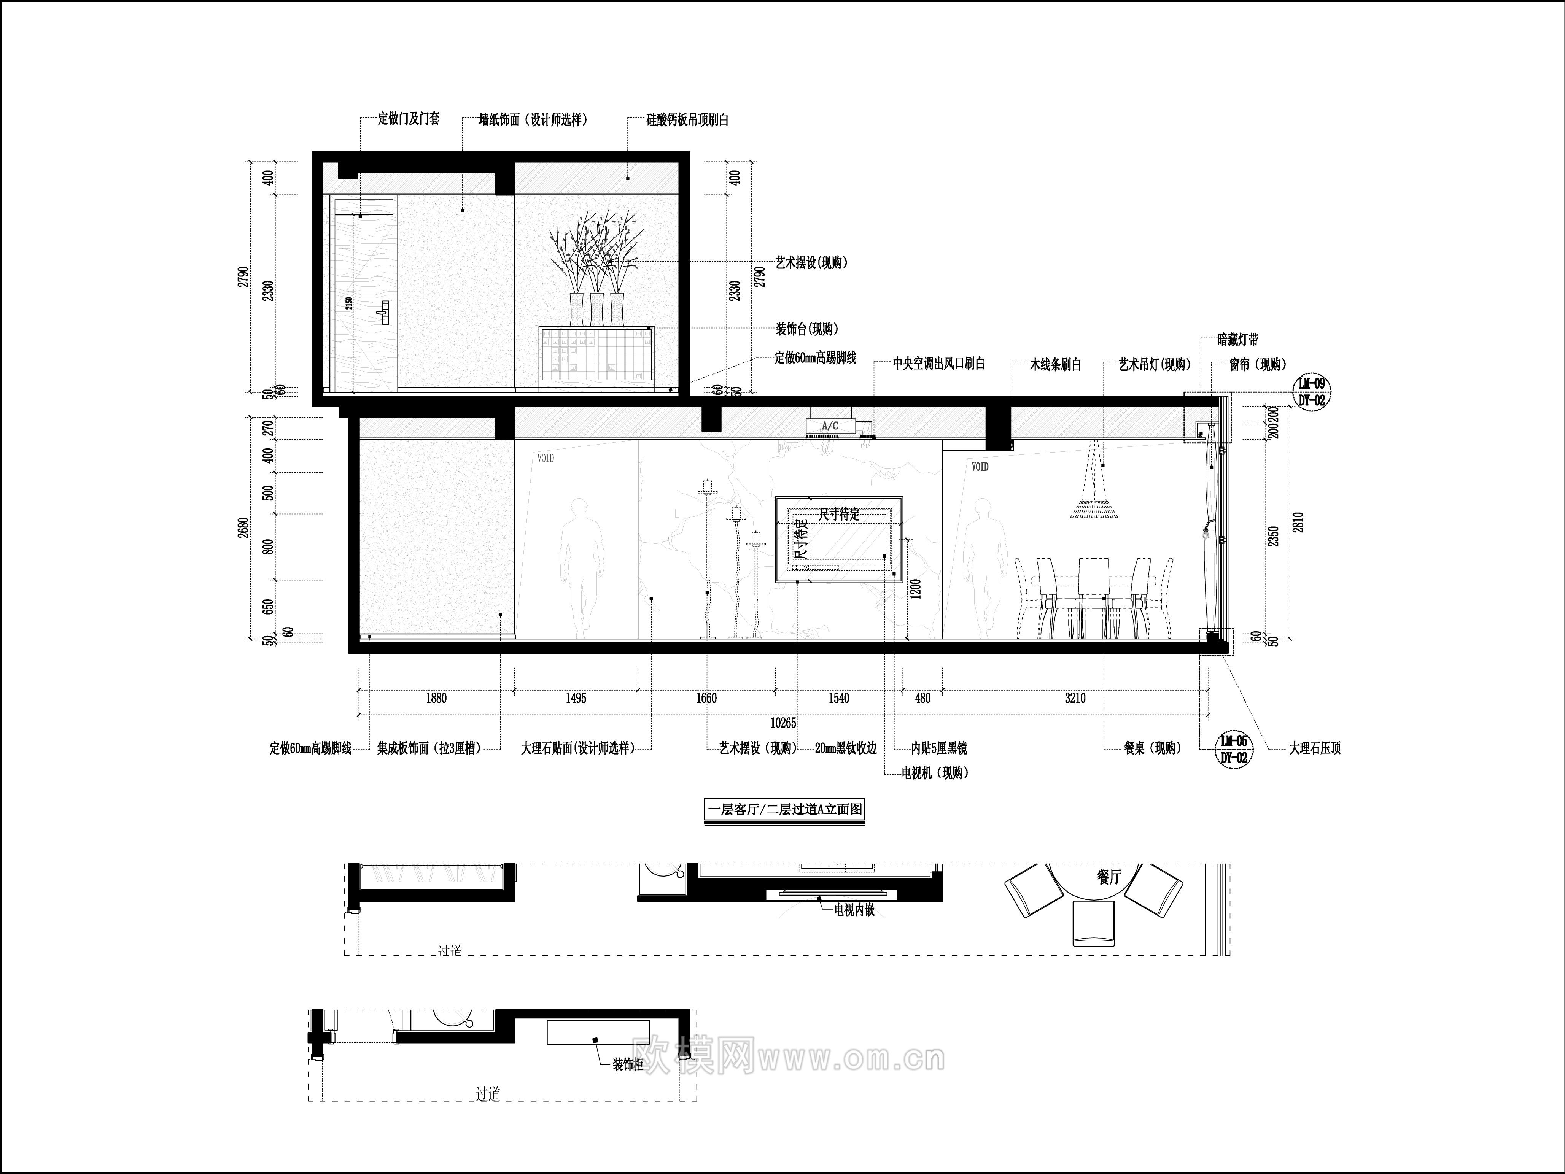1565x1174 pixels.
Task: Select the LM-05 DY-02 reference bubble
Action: point(1234,748)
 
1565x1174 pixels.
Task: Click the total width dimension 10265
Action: point(783,723)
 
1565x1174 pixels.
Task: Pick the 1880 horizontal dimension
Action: point(436,698)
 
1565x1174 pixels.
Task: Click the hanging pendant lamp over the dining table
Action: point(1094,506)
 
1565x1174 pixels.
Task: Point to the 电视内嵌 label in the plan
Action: point(855,910)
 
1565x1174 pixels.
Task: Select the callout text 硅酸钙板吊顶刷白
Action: point(687,120)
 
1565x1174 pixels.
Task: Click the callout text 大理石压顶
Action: point(1315,748)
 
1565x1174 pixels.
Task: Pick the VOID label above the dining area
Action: point(980,467)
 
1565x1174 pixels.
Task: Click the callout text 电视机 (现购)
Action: point(935,773)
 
